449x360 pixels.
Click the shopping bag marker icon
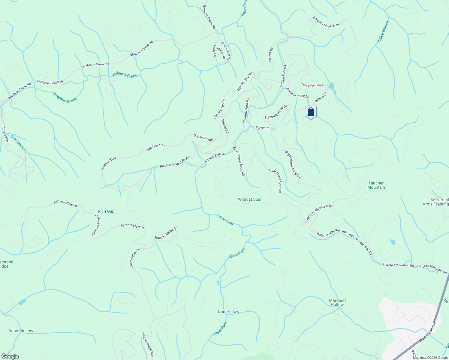coord(311,112)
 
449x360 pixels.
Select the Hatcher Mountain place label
coord(376,185)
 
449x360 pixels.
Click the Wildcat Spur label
coord(250,199)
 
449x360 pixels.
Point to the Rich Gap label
coord(106,211)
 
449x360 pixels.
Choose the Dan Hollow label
coord(228,311)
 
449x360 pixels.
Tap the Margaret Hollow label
coord(337,302)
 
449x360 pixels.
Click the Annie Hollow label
coord(21,331)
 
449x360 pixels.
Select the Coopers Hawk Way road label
coord(326,22)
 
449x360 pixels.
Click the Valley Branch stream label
coord(383,31)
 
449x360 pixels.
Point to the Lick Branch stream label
coord(19,143)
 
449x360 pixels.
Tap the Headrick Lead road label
coord(312,85)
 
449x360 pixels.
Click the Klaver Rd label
coord(263,127)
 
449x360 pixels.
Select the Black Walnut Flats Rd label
coord(174,162)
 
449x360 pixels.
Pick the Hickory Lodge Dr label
coord(166,233)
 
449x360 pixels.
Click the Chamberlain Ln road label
coord(135,258)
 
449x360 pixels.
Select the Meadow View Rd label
coord(246,111)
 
